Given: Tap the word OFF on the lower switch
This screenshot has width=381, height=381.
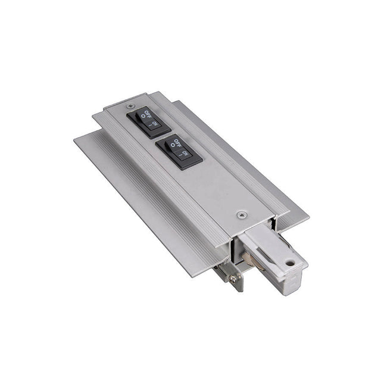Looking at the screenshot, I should pyautogui.click(x=174, y=143).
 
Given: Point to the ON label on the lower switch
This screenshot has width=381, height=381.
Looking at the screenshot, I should pyautogui.click(x=185, y=154).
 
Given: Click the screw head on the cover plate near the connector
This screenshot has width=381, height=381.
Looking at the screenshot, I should pyautogui.click(x=240, y=213).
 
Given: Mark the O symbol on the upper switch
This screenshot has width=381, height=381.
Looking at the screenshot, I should pyautogui.click(x=143, y=118).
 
